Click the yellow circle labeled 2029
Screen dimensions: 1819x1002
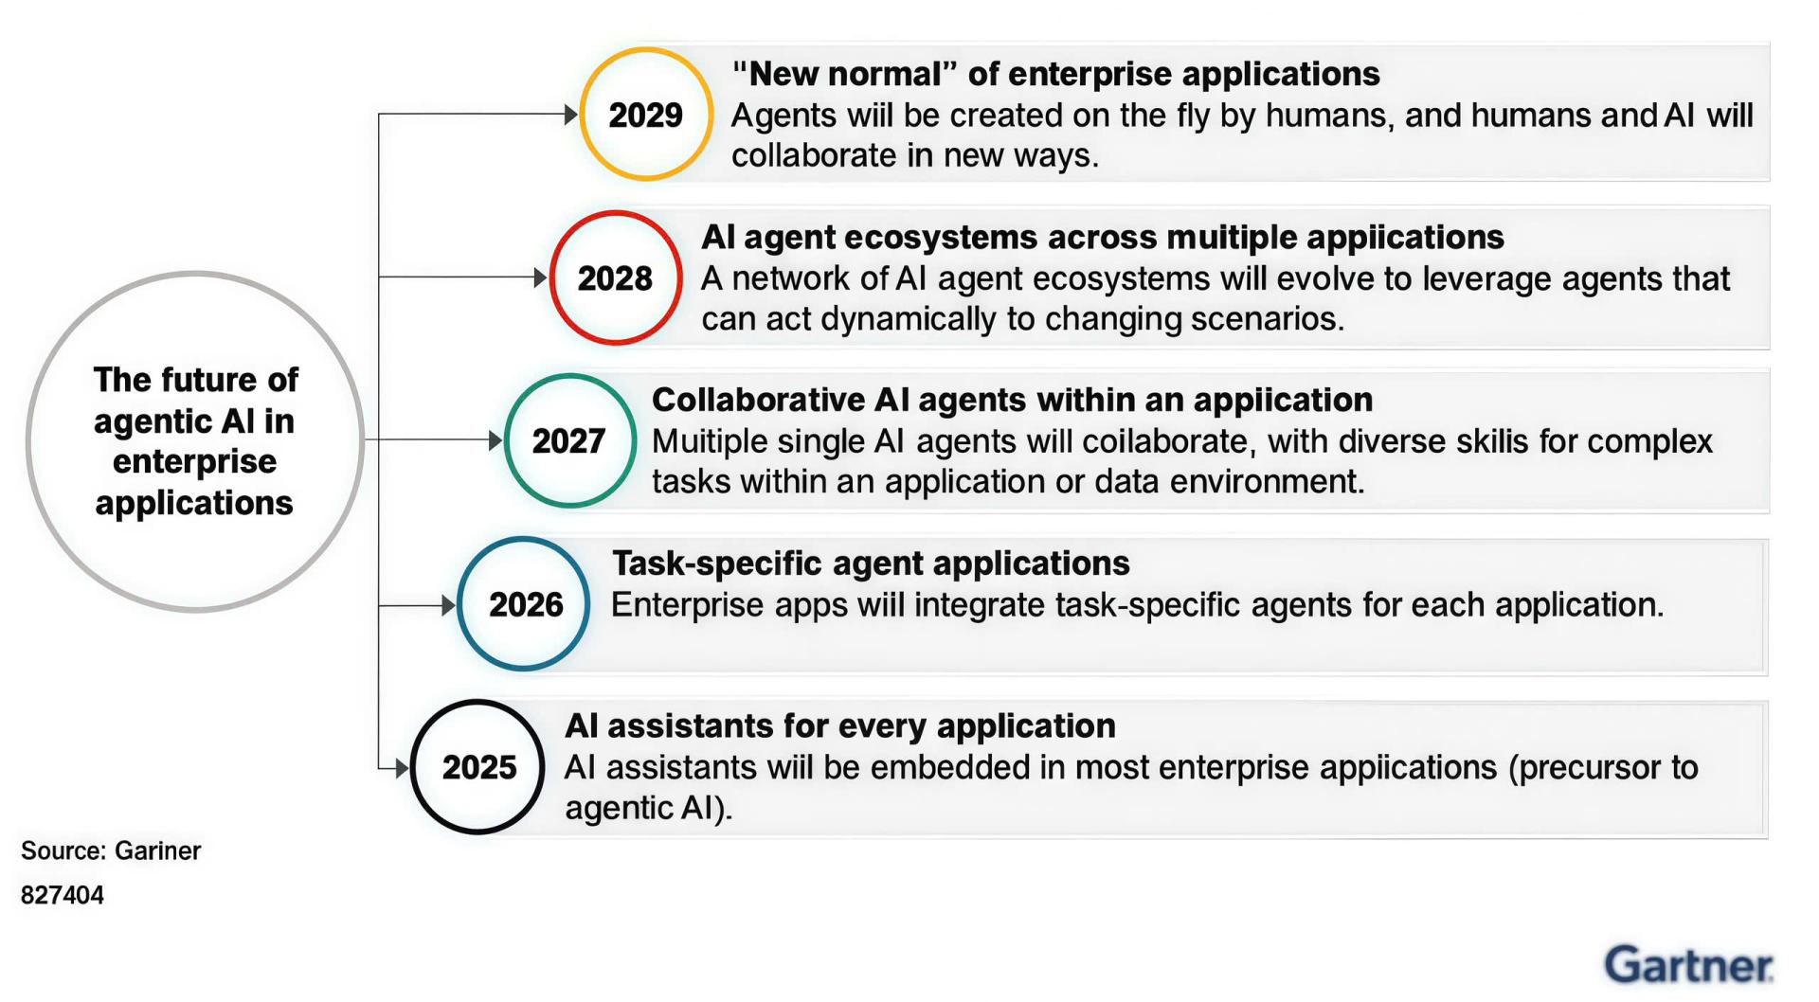tap(581, 115)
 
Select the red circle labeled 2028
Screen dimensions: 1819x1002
tap(551, 277)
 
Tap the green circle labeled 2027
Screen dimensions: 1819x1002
tap(506, 440)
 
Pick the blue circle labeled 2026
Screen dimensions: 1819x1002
tap(459, 604)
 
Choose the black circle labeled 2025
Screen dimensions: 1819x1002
tap(413, 767)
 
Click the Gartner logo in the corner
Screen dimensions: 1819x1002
tap(1689, 965)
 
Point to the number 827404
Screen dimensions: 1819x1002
tap(63, 895)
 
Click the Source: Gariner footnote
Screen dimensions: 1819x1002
tap(111, 850)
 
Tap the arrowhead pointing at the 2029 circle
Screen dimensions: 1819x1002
tap(571, 115)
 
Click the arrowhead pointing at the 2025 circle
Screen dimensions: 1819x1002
tap(403, 767)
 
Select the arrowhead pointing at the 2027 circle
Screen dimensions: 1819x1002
tap(495, 440)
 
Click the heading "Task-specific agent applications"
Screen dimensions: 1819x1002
tap(871, 564)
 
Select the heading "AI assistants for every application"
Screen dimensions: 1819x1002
tap(840, 726)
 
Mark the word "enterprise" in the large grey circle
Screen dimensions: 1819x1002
tap(195, 462)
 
